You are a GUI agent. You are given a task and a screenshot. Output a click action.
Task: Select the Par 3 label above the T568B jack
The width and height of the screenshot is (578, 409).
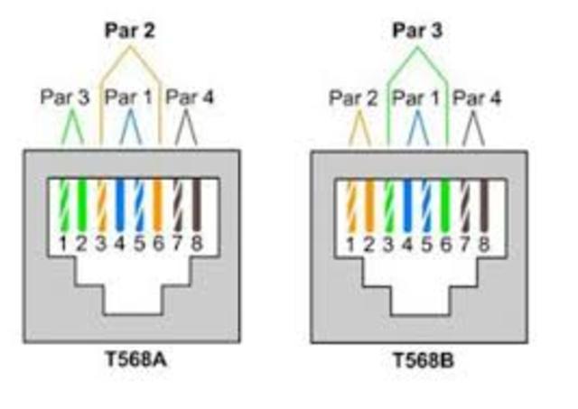click(417, 31)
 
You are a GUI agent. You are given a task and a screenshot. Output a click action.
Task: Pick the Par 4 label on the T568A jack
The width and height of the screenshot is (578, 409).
click(190, 97)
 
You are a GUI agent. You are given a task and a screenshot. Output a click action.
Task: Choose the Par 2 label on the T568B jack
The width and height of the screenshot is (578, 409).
click(352, 97)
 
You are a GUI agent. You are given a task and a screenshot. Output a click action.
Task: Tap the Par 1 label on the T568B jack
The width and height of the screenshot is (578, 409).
click(416, 97)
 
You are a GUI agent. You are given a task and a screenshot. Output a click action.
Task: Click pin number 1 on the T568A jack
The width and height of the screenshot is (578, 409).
click(62, 242)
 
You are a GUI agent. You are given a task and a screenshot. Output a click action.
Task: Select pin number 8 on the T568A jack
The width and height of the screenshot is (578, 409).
click(196, 242)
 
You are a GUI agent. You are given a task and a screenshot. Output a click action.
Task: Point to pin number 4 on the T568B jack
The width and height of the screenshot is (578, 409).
click(408, 242)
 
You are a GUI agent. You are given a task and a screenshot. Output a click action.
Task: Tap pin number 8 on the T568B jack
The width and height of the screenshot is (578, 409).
click(484, 242)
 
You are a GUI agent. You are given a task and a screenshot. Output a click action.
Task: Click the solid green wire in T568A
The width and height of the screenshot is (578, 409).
click(81, 206)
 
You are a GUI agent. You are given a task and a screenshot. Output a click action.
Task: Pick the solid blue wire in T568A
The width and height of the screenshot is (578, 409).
click(119, 206)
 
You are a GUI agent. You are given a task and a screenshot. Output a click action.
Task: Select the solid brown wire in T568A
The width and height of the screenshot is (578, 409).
click(196, 206)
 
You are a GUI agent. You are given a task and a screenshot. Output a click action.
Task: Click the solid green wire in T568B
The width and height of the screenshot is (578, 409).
click(446, 206)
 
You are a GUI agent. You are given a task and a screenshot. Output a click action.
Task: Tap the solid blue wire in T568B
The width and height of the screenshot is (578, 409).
click(408, 206)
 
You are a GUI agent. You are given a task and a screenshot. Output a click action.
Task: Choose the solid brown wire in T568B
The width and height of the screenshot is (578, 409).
click(484, 206)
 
